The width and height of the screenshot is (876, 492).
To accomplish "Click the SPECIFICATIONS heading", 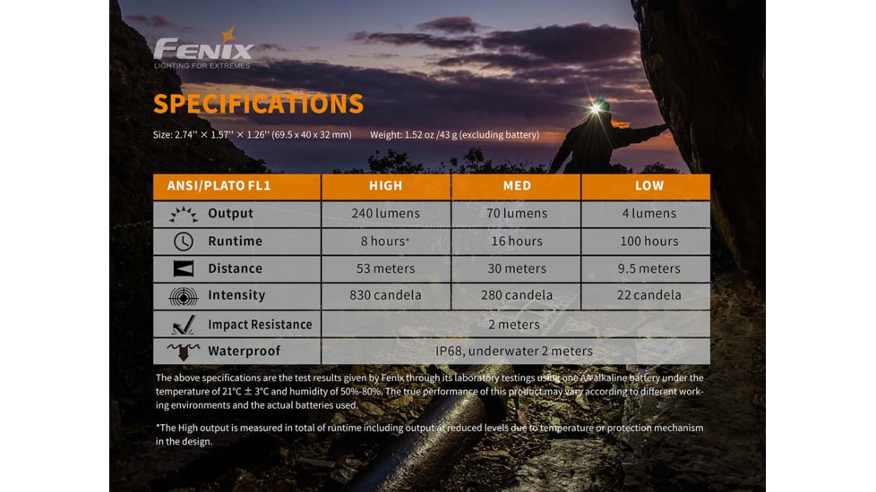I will (258, 104).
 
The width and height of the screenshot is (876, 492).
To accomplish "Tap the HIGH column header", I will (386, 186).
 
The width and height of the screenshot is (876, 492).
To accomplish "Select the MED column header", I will (517, 186).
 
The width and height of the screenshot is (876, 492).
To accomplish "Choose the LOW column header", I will (649, 186).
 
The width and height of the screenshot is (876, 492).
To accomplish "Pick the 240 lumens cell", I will (386, 214).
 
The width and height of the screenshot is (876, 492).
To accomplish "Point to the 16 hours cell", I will (517, 242).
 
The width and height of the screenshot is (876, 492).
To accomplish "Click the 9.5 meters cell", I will (649, 268).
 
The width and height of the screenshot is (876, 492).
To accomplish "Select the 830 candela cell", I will (386, 295).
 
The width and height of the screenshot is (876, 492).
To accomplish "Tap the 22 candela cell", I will (649, 295).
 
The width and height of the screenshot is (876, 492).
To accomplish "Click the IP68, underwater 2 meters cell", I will (515, 352).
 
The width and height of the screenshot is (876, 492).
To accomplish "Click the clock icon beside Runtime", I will (183, 242).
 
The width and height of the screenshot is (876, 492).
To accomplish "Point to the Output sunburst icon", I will (183, 214).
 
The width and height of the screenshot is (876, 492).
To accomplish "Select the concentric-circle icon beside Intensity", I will (183, 295).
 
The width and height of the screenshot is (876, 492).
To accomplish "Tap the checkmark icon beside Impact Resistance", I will (184, 324).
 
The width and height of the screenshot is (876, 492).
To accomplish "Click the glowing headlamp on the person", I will (596, 108).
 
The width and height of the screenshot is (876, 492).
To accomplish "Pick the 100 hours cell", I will (649, 242).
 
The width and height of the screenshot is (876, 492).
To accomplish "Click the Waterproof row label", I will (244, 352).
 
